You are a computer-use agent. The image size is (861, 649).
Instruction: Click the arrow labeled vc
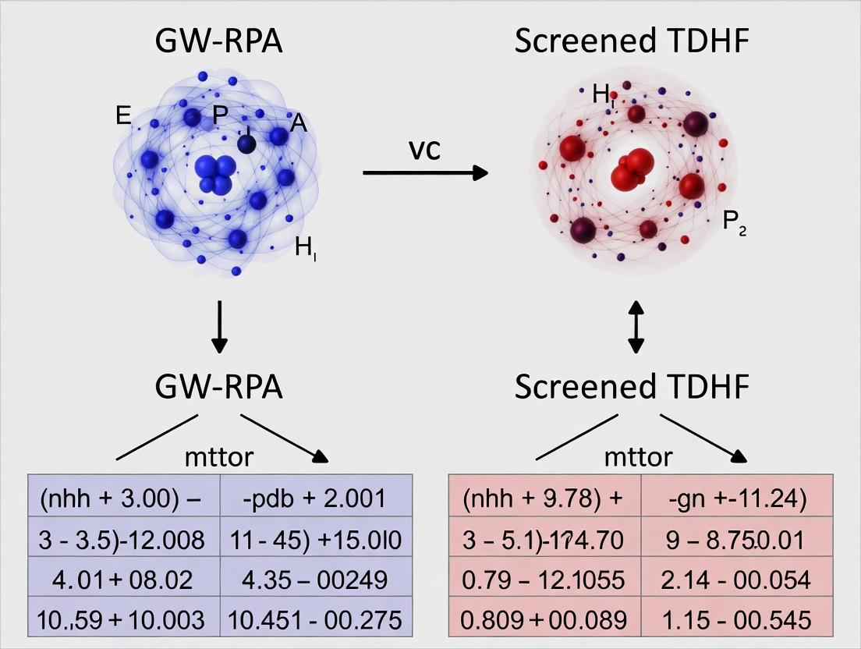tap(425, 172)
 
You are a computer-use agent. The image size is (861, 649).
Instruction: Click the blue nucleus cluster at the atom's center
tap(214, 173)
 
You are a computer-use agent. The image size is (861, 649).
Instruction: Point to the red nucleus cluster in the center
tap(632, 168)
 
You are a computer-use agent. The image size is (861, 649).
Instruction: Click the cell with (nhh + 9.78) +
tap(545, 498)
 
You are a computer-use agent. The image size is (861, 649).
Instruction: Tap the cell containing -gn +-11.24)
tap(737, 498)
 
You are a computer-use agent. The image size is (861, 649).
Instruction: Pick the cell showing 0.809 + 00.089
tap(545, 619)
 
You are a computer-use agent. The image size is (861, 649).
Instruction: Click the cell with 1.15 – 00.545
tap(737, 619)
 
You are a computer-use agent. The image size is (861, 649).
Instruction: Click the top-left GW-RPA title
tap(220, 42)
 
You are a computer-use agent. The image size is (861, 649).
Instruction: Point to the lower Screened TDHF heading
tap(631, 387)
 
